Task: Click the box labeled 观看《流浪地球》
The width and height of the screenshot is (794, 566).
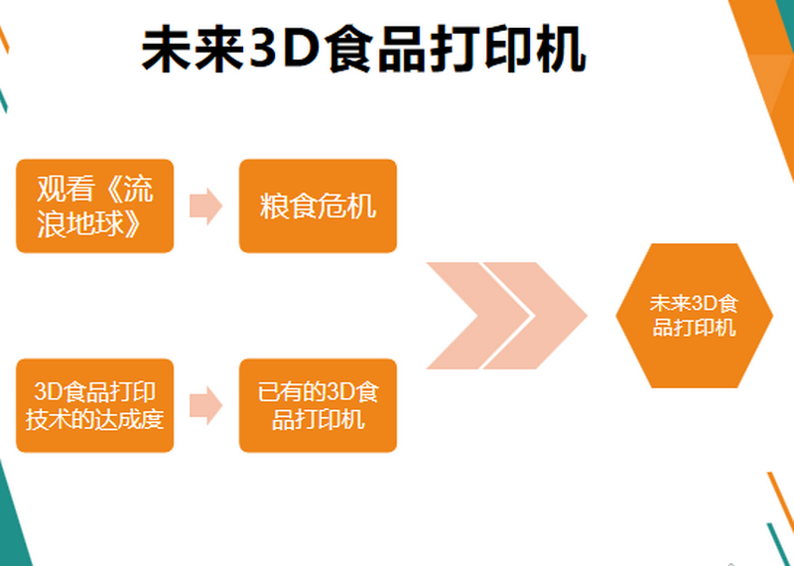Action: click(95, 206)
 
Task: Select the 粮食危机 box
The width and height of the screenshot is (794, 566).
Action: click(318, 206)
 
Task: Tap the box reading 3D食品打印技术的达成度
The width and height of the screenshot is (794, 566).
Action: click(95, 405)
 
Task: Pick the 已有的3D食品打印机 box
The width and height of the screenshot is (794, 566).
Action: click(318, 405)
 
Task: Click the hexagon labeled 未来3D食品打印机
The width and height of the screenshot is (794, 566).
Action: click(694, 315)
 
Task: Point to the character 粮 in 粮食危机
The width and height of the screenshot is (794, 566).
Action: click(274, 207)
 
